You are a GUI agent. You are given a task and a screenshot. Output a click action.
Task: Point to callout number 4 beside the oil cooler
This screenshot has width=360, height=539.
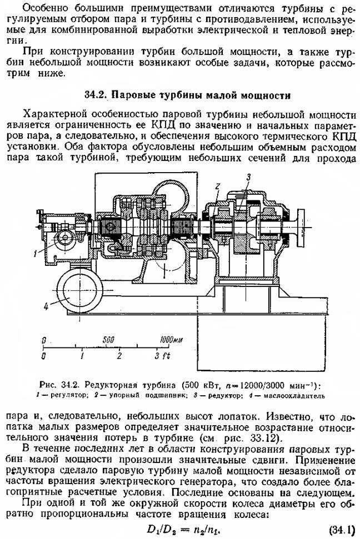pyautogui.click(x=49, y=305)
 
